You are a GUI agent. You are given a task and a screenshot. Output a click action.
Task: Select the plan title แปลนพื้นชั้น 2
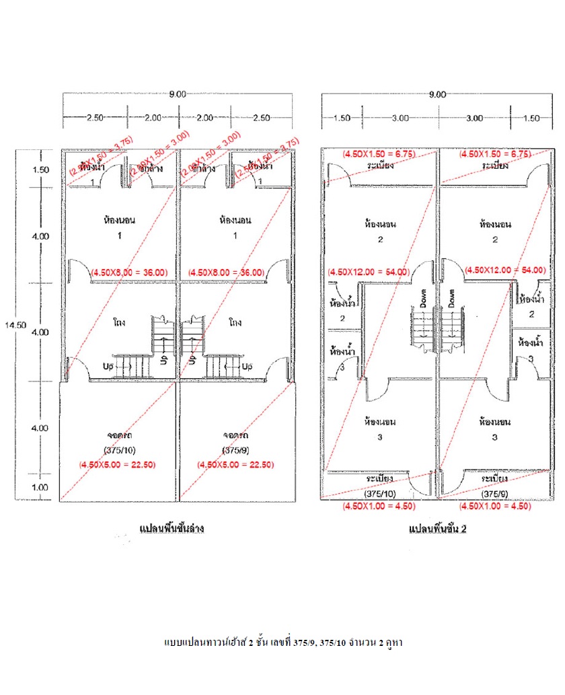tap(437, 529)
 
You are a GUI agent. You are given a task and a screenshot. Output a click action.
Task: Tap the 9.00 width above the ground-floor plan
tap(178, 94)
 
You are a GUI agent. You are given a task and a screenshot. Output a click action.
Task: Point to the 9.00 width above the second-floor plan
tap(437, 94)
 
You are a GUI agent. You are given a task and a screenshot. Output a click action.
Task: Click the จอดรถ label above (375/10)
tap(118, 435)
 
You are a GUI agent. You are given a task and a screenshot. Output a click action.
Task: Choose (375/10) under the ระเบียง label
tap(380, 492)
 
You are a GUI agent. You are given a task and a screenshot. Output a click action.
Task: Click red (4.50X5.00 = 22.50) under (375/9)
tap(235, 464)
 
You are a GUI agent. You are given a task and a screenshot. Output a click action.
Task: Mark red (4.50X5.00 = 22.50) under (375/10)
tap(118, 464)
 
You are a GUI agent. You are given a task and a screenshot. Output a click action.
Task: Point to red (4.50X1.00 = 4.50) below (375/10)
tap(379, 506)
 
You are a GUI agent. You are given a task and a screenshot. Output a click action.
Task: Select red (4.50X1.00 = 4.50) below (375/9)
tap(494, 506)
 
